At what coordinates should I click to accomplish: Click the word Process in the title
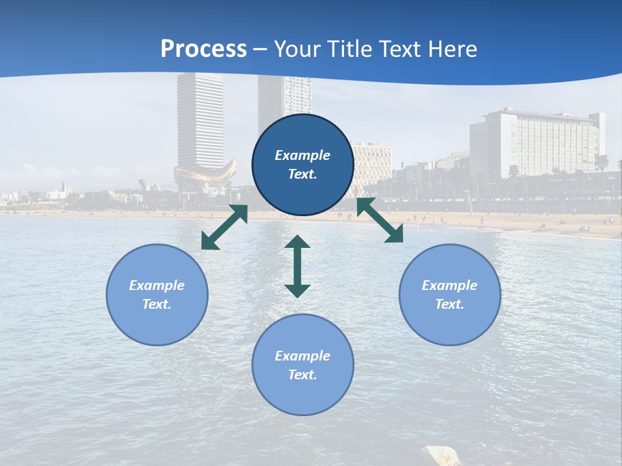[203, 49]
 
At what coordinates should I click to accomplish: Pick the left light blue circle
[157, 294]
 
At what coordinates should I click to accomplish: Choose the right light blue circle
[450, 294]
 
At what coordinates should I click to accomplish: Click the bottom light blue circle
[303, 364]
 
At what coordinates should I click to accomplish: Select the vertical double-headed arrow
[297, 266]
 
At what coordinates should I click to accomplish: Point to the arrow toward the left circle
[224, 227]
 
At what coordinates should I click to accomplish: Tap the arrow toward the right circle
[380, 220]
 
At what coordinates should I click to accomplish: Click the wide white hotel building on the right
[535, 142]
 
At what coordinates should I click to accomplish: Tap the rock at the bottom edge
[441, 456]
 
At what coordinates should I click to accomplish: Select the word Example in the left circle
[157, 285]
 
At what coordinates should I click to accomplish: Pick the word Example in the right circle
[450, 285]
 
